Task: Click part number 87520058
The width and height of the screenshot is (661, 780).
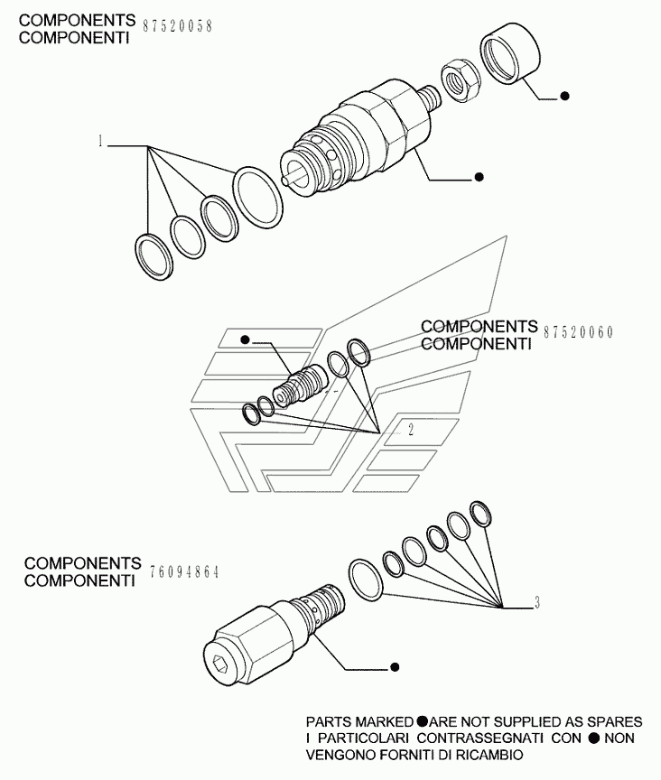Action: coord(179,26)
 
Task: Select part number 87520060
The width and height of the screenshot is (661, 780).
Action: coord(579,332)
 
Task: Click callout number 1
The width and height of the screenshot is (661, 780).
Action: coord(102,142)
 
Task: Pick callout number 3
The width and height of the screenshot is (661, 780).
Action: coord(537,603)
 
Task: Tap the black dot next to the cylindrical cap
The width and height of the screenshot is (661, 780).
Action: coord(564,96)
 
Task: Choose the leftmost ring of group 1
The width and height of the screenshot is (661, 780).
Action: coord(154,254)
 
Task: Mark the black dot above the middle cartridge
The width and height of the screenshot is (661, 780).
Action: coord(245,339)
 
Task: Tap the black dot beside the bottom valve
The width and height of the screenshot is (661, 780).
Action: coord(395,667)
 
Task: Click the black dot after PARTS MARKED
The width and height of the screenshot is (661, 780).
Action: coord(423,722)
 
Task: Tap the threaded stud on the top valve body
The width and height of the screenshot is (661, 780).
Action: coord(430,97)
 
